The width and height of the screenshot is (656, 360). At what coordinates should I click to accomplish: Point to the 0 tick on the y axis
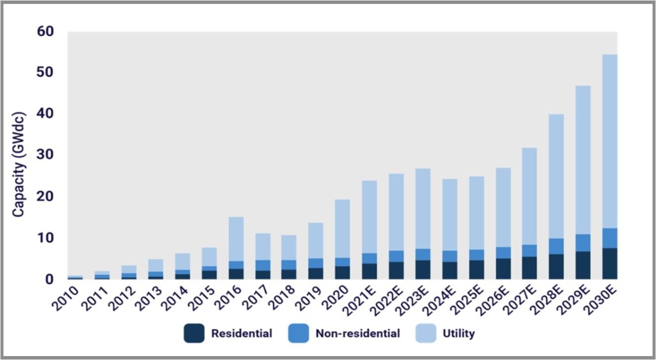pos(50,280)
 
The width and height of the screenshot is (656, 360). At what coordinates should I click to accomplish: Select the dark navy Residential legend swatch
pos(194,333)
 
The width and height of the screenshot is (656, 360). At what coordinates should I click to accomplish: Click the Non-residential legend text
pos(358,333)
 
